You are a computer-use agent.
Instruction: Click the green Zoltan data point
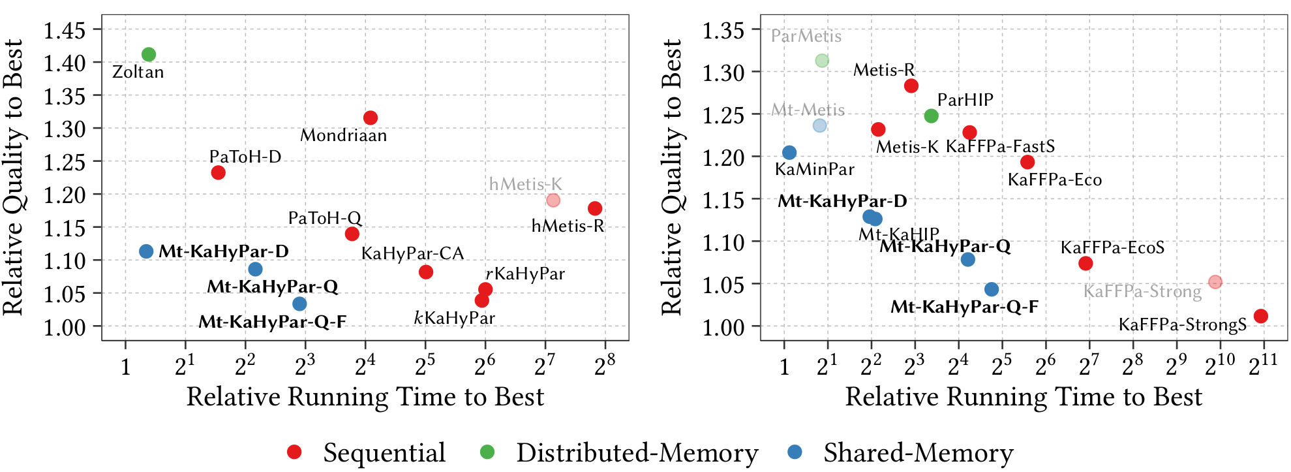(x=149, y=54)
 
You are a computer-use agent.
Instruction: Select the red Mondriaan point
(x=371, y=118)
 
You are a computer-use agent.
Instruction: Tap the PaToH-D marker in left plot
(x=219, y=172)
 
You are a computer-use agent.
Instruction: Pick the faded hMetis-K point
(x=553, y=200)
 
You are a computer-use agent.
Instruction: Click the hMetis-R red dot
(x=595, y=208)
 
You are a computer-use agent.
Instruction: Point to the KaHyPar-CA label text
(x=412, y=253)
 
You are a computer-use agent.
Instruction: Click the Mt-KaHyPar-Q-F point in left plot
(x=299, y=304)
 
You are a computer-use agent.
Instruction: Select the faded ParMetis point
(x=822, y=60)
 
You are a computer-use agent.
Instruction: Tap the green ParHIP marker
(x=932, y=116)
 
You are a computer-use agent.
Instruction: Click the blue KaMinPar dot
(x=789, y=152)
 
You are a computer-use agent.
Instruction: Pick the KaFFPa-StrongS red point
(x=1261, y=316)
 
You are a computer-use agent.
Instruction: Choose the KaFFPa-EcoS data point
(x=1086, y=263)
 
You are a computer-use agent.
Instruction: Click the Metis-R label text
(x=884, y=70)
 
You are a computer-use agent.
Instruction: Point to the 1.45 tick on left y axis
(x=65, y=30)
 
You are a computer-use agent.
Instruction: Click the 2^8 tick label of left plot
(x=604, y=366)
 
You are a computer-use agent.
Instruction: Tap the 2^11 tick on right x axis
(x=1262, y=366)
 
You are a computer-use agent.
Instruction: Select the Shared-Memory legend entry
(x=918, y=452)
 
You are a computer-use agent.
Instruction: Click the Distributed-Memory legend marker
(x=487, y=452)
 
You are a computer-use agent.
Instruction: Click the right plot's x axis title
(x=1023, y=397)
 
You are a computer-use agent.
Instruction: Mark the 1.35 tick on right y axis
(x=723, y=30)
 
